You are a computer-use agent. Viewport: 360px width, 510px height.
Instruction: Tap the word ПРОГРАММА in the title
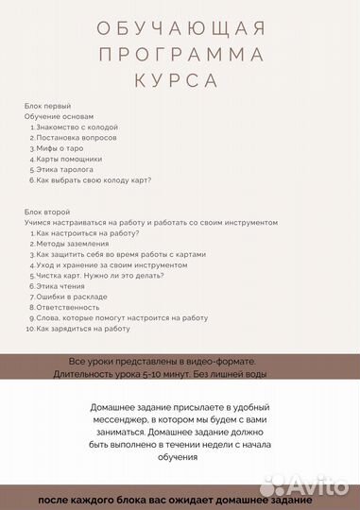[180, 53]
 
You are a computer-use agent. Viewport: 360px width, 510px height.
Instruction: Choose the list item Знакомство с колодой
[78, 127]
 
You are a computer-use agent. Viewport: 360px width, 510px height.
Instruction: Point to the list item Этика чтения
[62, 286]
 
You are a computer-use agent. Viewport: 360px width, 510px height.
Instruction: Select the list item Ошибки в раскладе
[73, 297]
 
